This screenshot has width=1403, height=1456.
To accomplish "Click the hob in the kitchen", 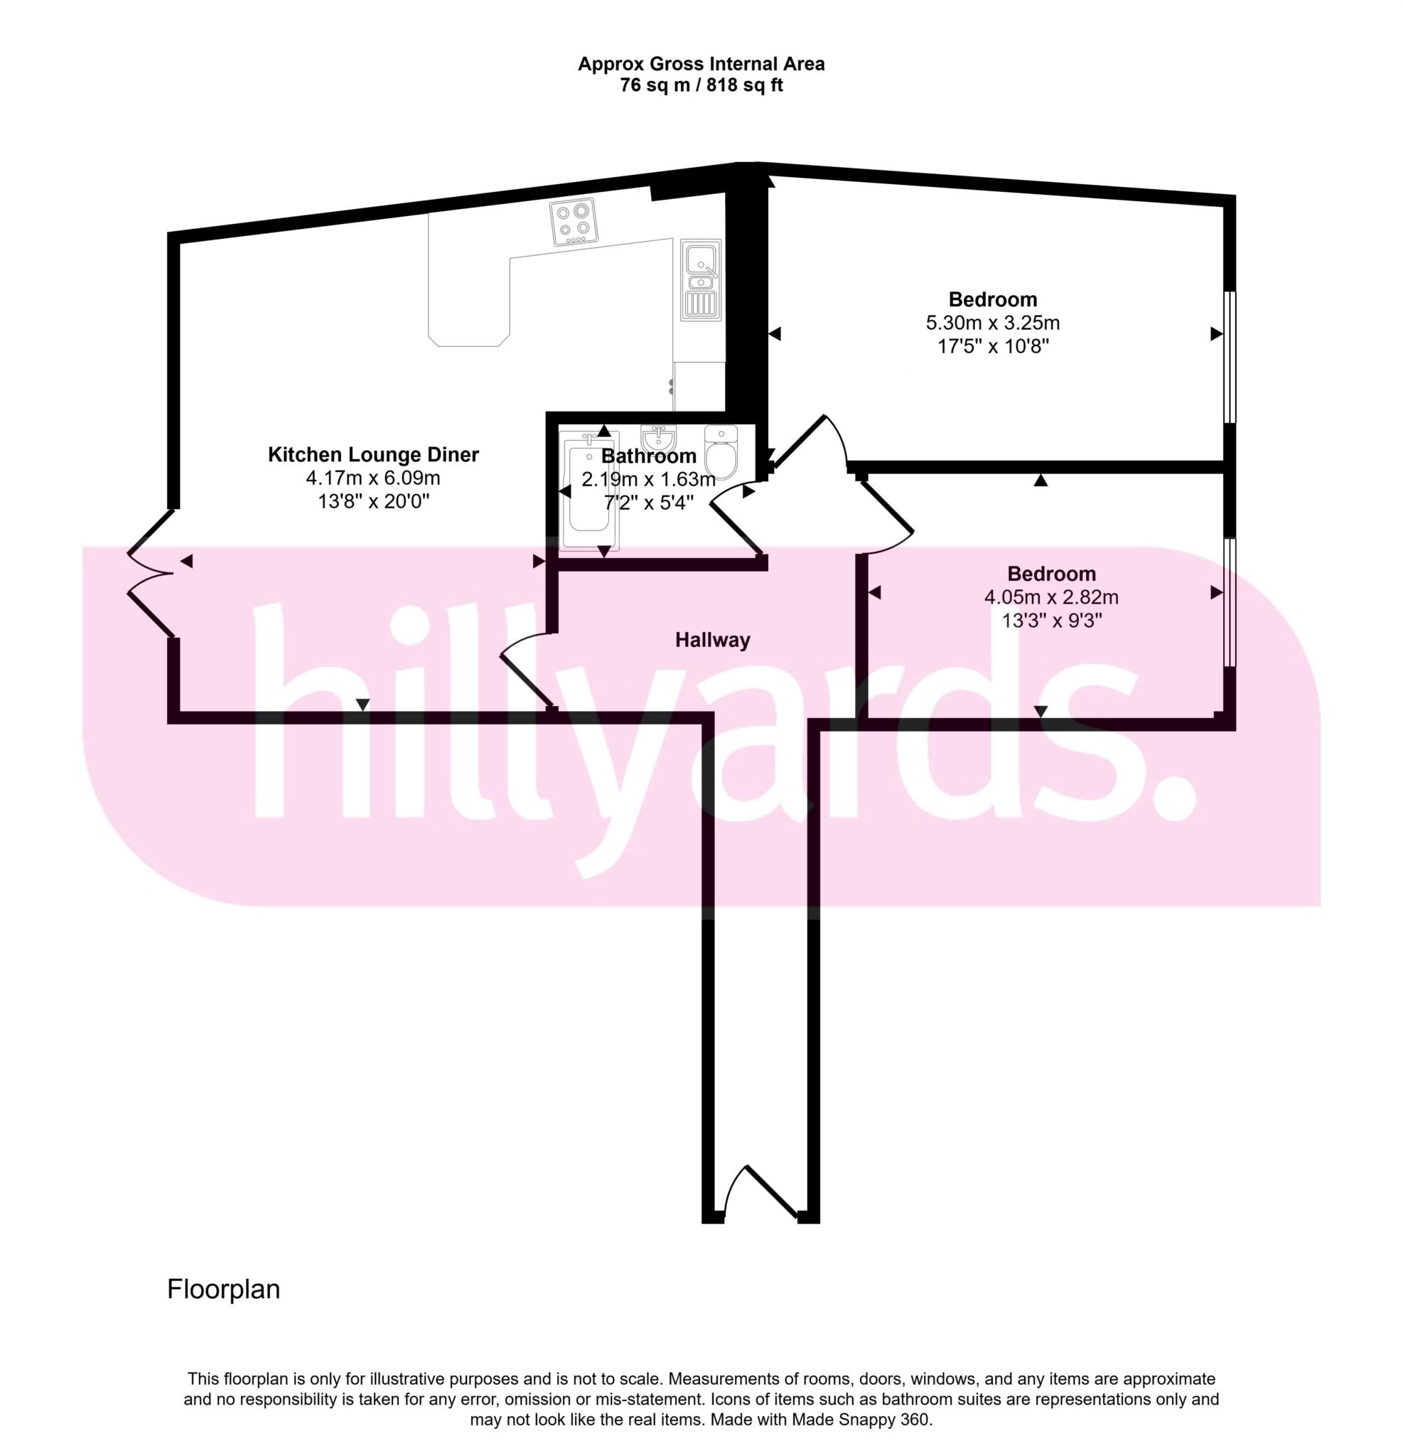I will click(574, 221).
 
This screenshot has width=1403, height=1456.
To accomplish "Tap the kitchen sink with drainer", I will click(701, 280).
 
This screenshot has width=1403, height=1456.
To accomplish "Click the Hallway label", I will click(712, 640).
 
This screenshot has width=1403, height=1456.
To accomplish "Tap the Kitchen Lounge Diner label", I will click(373, 454).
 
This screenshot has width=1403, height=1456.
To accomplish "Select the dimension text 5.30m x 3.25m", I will click(992, 323).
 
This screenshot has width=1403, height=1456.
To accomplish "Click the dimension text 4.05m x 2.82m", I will click(1051, 597).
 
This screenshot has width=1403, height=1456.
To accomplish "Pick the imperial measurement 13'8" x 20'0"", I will click(374, 501).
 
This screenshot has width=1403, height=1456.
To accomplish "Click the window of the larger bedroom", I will click(1230, 358).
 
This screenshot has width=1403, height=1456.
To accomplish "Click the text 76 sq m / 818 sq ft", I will click(701, 85).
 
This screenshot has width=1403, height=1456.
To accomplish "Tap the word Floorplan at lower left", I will click(224, 1289).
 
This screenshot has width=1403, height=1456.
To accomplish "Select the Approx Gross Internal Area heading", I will click(701, 64).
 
